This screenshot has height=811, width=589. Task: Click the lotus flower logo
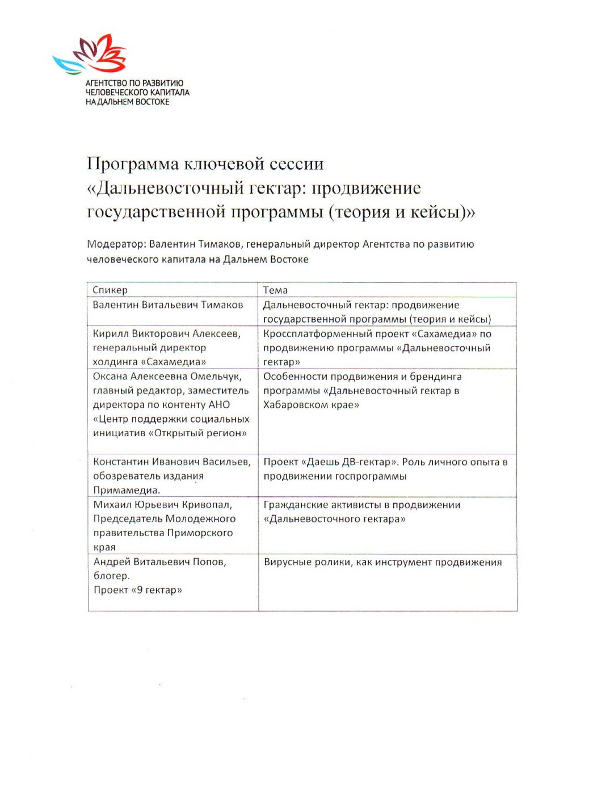coord(91,54)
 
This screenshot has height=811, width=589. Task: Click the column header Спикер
coord(110,290)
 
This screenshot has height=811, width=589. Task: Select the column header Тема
coord(275,290)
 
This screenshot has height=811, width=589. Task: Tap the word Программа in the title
coord(132,164)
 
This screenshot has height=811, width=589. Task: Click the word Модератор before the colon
coord(116,244)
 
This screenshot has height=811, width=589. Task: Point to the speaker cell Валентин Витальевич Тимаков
coord(167,305)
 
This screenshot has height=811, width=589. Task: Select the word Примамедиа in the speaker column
coord(125,490)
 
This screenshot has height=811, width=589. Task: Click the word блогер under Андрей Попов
coord(111,576)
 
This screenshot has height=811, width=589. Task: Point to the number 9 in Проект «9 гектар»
coord(140,590)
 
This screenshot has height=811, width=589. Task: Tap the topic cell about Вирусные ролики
coord(382,562)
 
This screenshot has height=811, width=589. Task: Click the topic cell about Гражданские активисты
coord(361,512)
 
